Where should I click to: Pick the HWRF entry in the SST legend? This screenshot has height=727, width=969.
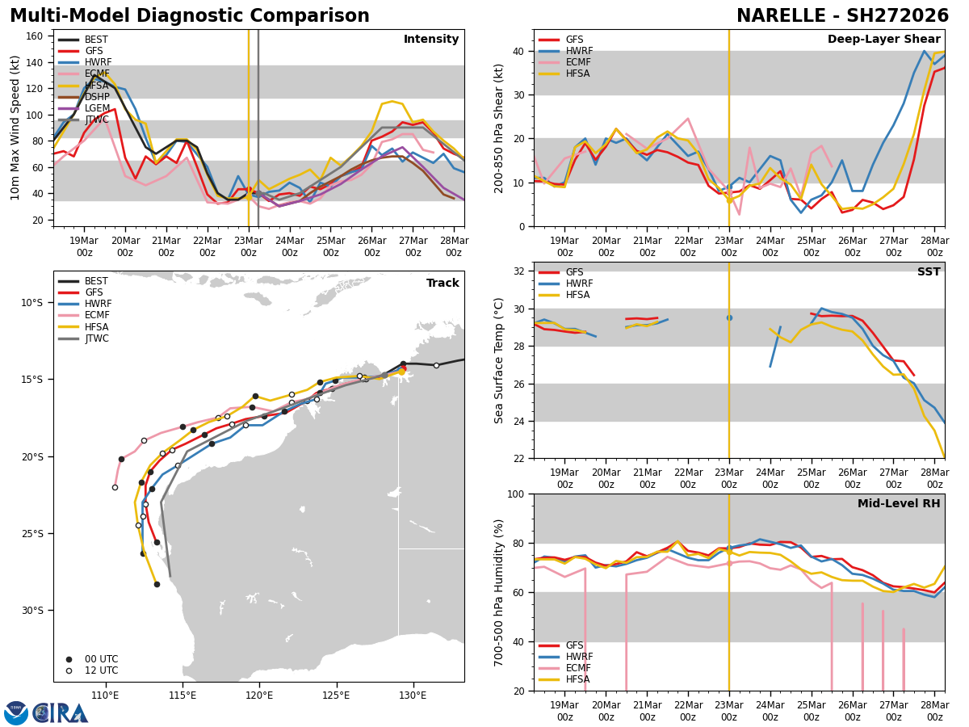tap(579, 284)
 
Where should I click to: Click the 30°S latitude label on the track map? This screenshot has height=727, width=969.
tap(32, 611)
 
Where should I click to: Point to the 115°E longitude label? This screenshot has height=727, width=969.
tap(182, 695)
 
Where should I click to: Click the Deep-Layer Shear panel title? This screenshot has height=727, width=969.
tap(883, 40)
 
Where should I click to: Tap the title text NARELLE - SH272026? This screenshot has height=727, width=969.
tap(842, 16)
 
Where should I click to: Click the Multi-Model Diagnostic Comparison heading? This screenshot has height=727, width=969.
tap(190, 16)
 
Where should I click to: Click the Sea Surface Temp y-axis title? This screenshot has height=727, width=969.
tap(500, 360)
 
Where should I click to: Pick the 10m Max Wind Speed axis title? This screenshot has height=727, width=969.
tap(15, 128)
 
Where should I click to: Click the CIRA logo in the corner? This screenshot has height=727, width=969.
tap(46, 712)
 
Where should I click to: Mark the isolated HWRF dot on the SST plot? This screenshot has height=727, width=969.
tap(729, 317)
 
